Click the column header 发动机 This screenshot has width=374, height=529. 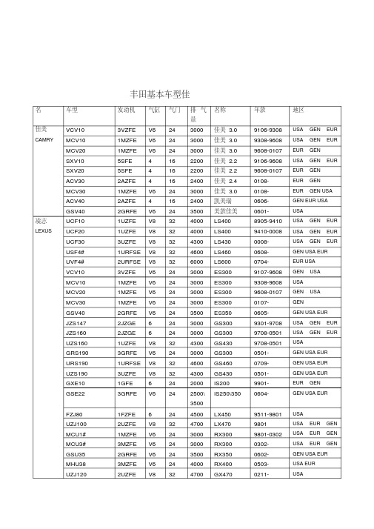point(127,110)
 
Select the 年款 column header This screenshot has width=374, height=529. point(260,110)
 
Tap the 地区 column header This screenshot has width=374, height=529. point(299,110)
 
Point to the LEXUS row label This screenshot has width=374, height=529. point(44,231)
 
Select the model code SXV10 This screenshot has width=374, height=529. point(75,160)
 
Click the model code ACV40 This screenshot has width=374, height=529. point(75,201)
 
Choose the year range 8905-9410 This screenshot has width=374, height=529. point(267,221)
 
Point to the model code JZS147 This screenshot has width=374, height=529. point(76,322)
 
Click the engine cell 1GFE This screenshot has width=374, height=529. point(125,384)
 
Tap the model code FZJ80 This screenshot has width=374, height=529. point(74,414)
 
